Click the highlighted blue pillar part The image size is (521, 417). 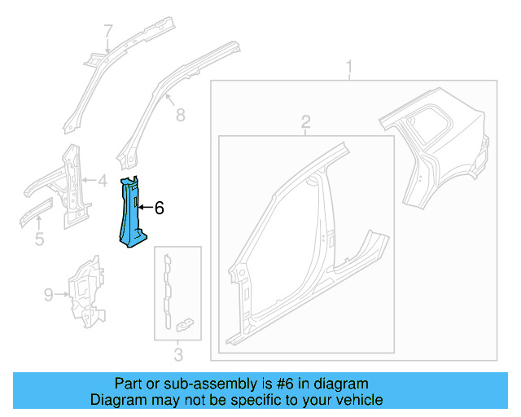click(x=129, y=213)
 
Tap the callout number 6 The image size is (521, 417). click(x=160, y=208)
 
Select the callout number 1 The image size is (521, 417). click(x=350, y=65)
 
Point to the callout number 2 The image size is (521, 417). click(x=306, y=122)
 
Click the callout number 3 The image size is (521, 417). click(x=178, y=354)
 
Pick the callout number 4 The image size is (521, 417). click(x=103, y=181)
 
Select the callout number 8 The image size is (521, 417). click(x=180, y=115)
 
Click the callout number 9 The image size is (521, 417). click(x=49, y=292)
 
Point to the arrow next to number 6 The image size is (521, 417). click(x=145, y=208)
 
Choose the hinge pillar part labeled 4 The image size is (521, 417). click(x=69, y=183)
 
